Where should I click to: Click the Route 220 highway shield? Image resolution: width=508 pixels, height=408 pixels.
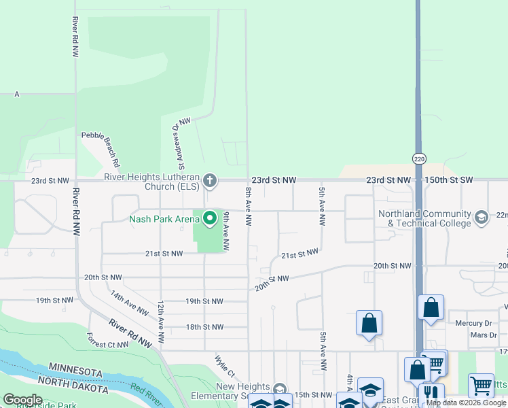pyautogui.click(x=418, y=158)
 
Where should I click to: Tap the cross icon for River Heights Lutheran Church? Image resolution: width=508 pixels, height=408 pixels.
pyautogui.click(x=211, y=180)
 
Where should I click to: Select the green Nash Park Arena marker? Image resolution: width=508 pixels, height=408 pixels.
pyautogui.click(x=210, y=218)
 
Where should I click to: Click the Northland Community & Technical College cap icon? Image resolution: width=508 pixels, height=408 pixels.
pyautogui.click(x=482, y=218)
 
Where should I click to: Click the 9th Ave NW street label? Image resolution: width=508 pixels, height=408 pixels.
pyautogui.click(x=227, y=230)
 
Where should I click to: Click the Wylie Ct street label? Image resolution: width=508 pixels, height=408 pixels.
pyautogui.click(x=225, y=366)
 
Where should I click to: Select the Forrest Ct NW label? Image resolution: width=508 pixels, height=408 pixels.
pyautogui.click(x=108, y=340)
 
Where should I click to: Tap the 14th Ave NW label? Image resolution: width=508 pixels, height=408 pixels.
pyautogui.click(x=129, y=303)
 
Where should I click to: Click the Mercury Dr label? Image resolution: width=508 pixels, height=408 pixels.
pyautogui.click(x=473, y=323)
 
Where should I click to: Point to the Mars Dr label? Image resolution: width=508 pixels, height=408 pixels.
pyautogui.click(x=484, y=335)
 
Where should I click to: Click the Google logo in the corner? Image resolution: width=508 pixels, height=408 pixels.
pyautogui.click(x=22, y=400)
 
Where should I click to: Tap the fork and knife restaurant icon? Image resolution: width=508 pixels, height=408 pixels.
pyautogui.click(x=431, y=394)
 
